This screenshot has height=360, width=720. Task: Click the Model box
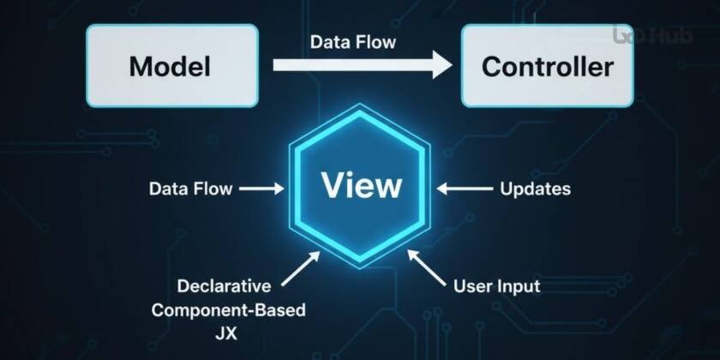(171, 66)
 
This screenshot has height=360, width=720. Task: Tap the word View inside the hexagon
(360, 186)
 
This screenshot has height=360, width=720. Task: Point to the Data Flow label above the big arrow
(353, 41)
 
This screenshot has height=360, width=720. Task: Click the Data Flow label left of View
(189, 188)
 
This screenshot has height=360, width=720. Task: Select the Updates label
(535, 188)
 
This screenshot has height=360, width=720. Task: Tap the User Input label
(496, 285)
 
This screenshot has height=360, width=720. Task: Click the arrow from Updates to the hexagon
(462, 188)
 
